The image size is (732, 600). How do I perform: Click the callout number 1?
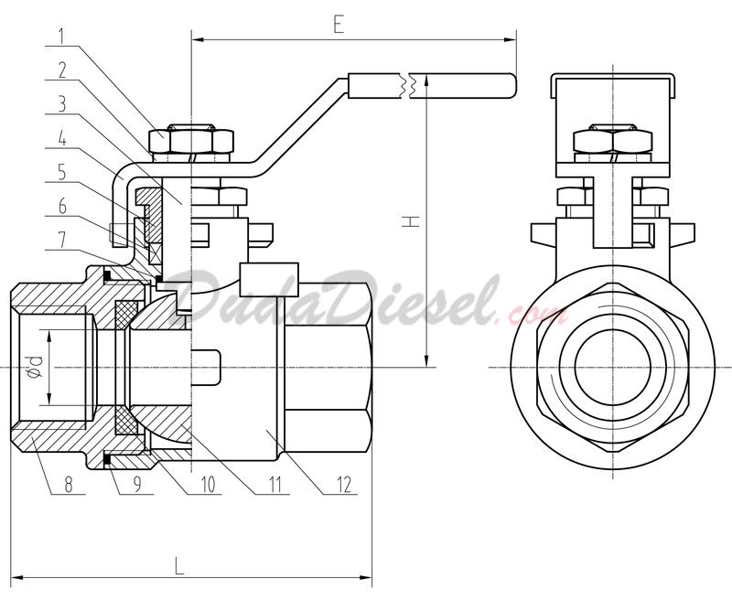click(62, 36)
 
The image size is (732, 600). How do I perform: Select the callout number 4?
click(62, 139)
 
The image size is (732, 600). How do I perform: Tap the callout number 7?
click(62, 241)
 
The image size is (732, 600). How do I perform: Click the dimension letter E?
click(339, 25)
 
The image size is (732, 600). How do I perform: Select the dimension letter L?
click(178, 565)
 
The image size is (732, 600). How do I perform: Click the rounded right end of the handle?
click(512, 86)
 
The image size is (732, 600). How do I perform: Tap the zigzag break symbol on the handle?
click(406, 86)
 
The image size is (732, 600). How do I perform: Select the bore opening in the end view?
click(612, 367)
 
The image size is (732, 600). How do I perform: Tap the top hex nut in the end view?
click(612, 139)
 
